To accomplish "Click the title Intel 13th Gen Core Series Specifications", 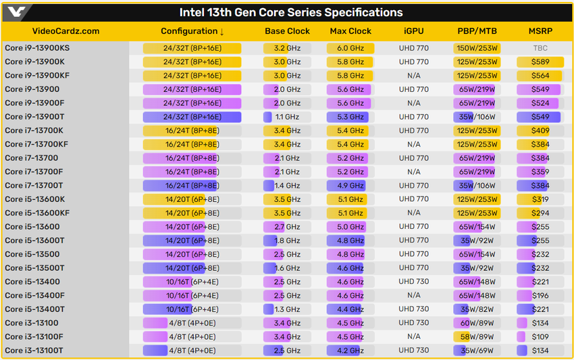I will (x=290, y=12).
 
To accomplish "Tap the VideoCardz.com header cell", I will (x=66, y=31).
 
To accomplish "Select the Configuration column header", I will (x=192, y=31).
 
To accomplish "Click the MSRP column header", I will (x=540, y=31).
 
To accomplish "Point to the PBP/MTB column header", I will (x=477, y=31).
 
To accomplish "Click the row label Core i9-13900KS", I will (x=37, y=48).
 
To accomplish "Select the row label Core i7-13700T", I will (x=34, y=186).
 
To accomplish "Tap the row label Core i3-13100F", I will (x=34, y=337).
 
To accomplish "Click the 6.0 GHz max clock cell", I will (x=350, y=49).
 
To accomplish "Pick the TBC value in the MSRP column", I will (x=540, y=49).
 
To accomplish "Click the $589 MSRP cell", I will (x=540, y=62).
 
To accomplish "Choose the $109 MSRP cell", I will (x=540, y=337).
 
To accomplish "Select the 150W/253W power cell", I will (x=477, y=49).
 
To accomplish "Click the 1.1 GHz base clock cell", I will (x=288, y=117).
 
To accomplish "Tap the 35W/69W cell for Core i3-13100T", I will (x=477, y=351).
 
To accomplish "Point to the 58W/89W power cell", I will (x=477, y=337).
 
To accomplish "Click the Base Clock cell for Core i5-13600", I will (x=288, y=227).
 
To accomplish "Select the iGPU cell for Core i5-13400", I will (x=414, y=282).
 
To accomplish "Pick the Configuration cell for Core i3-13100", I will (x=192, y=324).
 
